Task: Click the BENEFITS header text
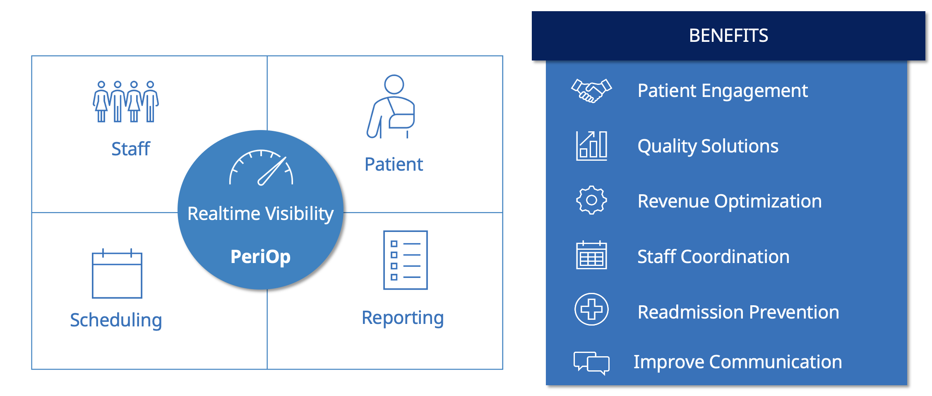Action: tap(728, 36)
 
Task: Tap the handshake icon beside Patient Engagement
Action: tap(591, 91)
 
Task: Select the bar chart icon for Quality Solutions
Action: tap(591, 145)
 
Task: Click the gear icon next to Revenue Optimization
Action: tap(591, 200)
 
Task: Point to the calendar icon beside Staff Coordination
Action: tap(591, 255)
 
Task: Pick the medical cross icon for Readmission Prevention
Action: tap(591, 309)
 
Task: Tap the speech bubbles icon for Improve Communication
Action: tap(591, 363)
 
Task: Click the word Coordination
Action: tap(735, 257)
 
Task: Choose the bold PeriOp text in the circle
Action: tap(260, 256)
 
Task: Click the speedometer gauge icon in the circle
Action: tap(262, 168)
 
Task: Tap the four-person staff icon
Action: tap(126, 101)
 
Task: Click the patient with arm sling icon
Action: tap(391, 107)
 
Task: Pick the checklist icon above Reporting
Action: tap(405, 260)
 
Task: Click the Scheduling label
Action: tap(116, 320)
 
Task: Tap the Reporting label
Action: tap(403, 318)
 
